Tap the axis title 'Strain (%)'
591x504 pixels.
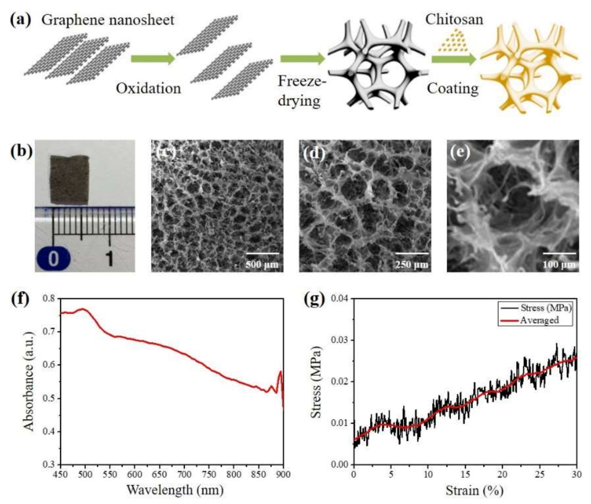click(x=465, y=489)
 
